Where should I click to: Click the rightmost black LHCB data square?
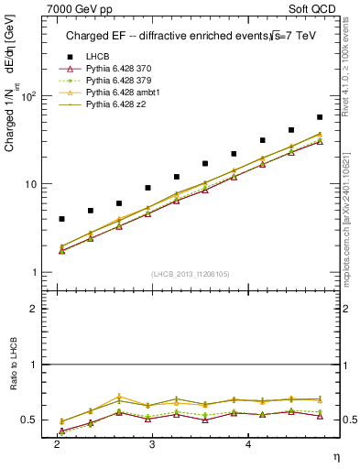pos(320,117)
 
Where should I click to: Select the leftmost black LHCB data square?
pos(61,219)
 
